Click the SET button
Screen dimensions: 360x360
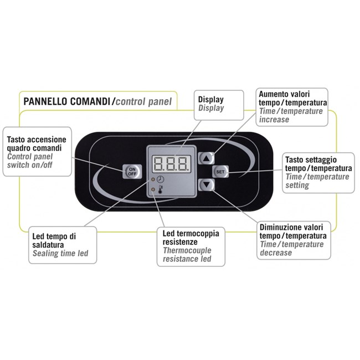pyautogui.click(x=220, y=172)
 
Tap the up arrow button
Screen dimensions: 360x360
pyautogui.click(x=206, y=158)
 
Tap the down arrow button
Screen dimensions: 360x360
pyautogui.click(x=206, y=185)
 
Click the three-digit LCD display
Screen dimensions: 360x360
pyautogui.click(x=172, y=164)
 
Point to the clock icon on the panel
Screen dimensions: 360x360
pyautogui.click(x=160, y=179)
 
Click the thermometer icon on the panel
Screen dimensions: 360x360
pyautogui.click(x=160, y=190)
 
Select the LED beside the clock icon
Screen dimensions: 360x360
pyautogui.click(x=153, y=179)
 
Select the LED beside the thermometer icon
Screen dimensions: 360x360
pyautogui.click(x=153, y=189)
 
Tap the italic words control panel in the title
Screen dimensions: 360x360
pyautogui.click(x=143, y=102)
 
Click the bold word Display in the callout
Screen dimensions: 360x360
pyautogui.click(x=211, y=100)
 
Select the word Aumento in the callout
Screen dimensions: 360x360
pyautogui.click(x=274, y=94)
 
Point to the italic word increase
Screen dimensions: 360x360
pyautogui.click(x=274, y=120)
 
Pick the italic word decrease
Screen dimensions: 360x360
pyautogui.click(x=276, y=253)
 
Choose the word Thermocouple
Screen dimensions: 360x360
pyautogui.click(x=187, y=250)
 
